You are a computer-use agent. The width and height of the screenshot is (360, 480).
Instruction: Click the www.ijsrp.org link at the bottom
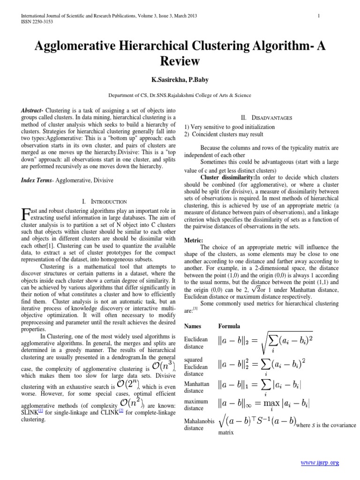click(x=320, y=463)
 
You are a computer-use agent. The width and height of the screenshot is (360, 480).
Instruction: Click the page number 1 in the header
click(x=318, y=16)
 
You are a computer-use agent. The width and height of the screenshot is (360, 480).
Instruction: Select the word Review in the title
click(x=180, y=61)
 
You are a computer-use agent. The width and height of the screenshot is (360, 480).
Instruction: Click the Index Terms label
click(x=37, y=180)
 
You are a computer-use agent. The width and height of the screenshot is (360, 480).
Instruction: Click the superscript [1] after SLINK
click(x=41, y=410)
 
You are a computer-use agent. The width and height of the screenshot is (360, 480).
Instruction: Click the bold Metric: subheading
click(x=193, y=240)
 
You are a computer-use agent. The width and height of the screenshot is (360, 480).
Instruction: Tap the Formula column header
click(x=229, y=326)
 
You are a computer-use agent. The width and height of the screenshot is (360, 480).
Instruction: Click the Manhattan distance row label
click(x=196, y=387)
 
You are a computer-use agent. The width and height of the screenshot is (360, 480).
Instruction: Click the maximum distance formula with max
click(x=264, y=404)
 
